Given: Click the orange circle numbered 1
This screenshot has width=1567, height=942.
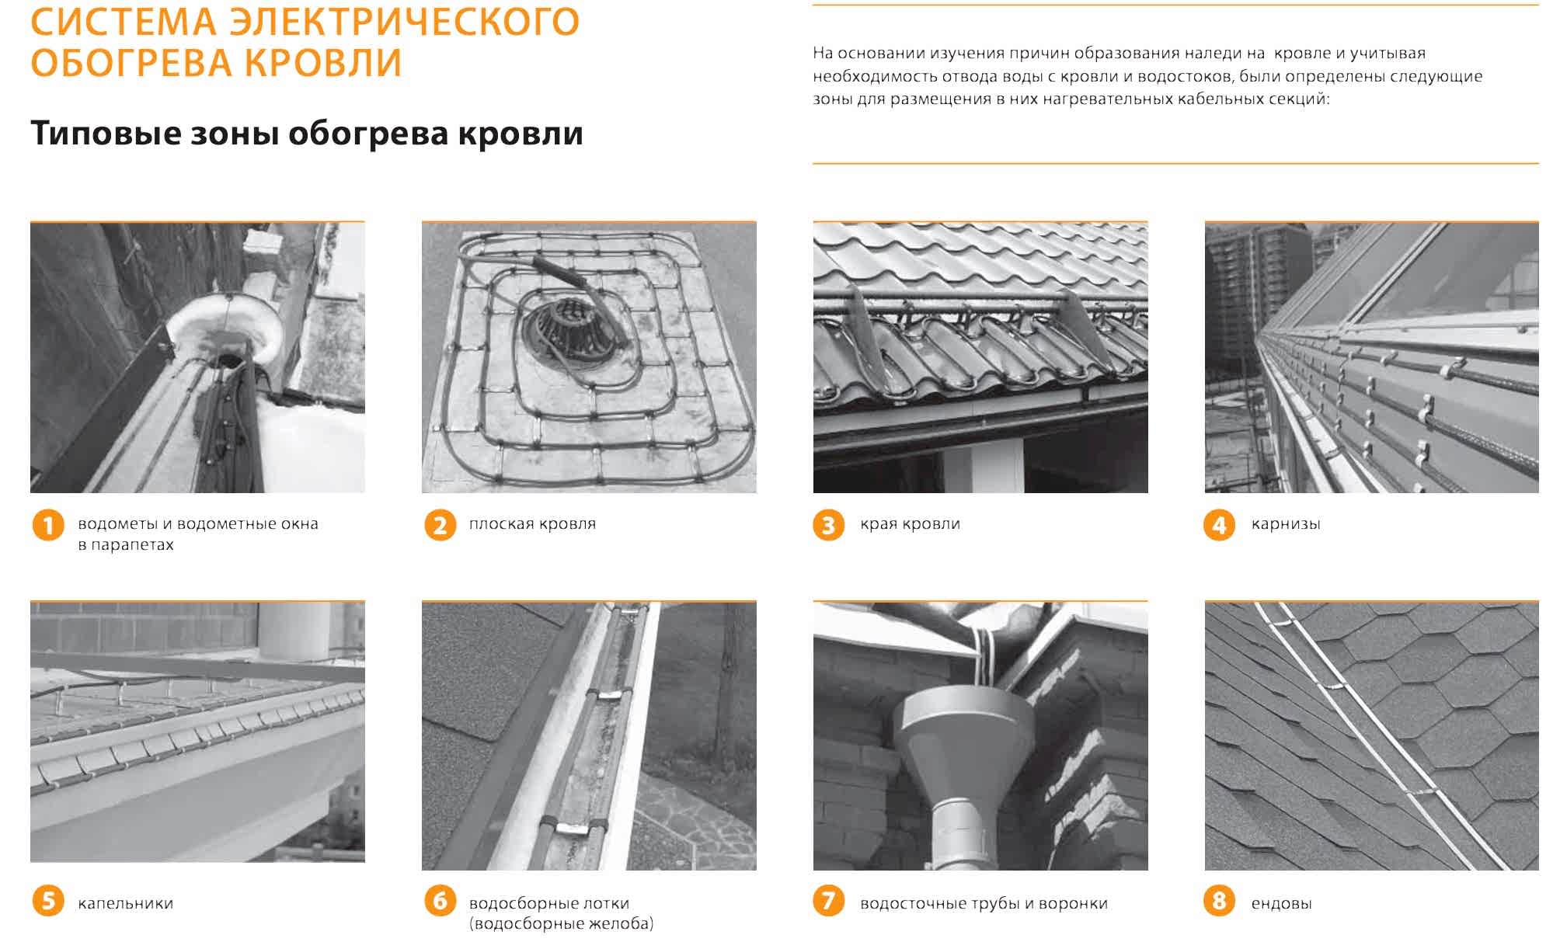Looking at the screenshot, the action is coord(48,526).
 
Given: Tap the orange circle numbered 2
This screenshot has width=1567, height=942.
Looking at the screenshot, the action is coord(440,526).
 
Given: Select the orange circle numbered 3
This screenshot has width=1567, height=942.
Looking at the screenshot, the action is coord(828,526).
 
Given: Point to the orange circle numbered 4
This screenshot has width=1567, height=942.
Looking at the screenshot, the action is coord(1219,526).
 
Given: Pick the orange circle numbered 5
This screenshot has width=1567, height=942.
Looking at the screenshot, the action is coord(48,902).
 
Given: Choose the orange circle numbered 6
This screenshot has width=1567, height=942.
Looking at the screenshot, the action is coord(440,902).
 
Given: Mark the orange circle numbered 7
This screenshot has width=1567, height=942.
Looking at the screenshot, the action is coord(828,902).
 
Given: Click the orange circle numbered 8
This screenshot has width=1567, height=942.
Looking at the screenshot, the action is coord(1219,902).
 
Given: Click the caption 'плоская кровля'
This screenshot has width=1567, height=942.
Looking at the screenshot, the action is coord(532,524).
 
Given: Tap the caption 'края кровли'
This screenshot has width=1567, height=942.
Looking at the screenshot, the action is coord(910,524).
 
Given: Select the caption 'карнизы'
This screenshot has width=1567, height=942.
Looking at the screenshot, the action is coord(1286,525).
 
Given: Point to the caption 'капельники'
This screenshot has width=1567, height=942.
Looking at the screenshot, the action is coord(125,903).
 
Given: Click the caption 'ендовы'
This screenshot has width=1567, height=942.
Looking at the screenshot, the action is coord(1281,903).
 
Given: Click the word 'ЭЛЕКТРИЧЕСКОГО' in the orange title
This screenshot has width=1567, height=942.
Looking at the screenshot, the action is coord(405,21).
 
